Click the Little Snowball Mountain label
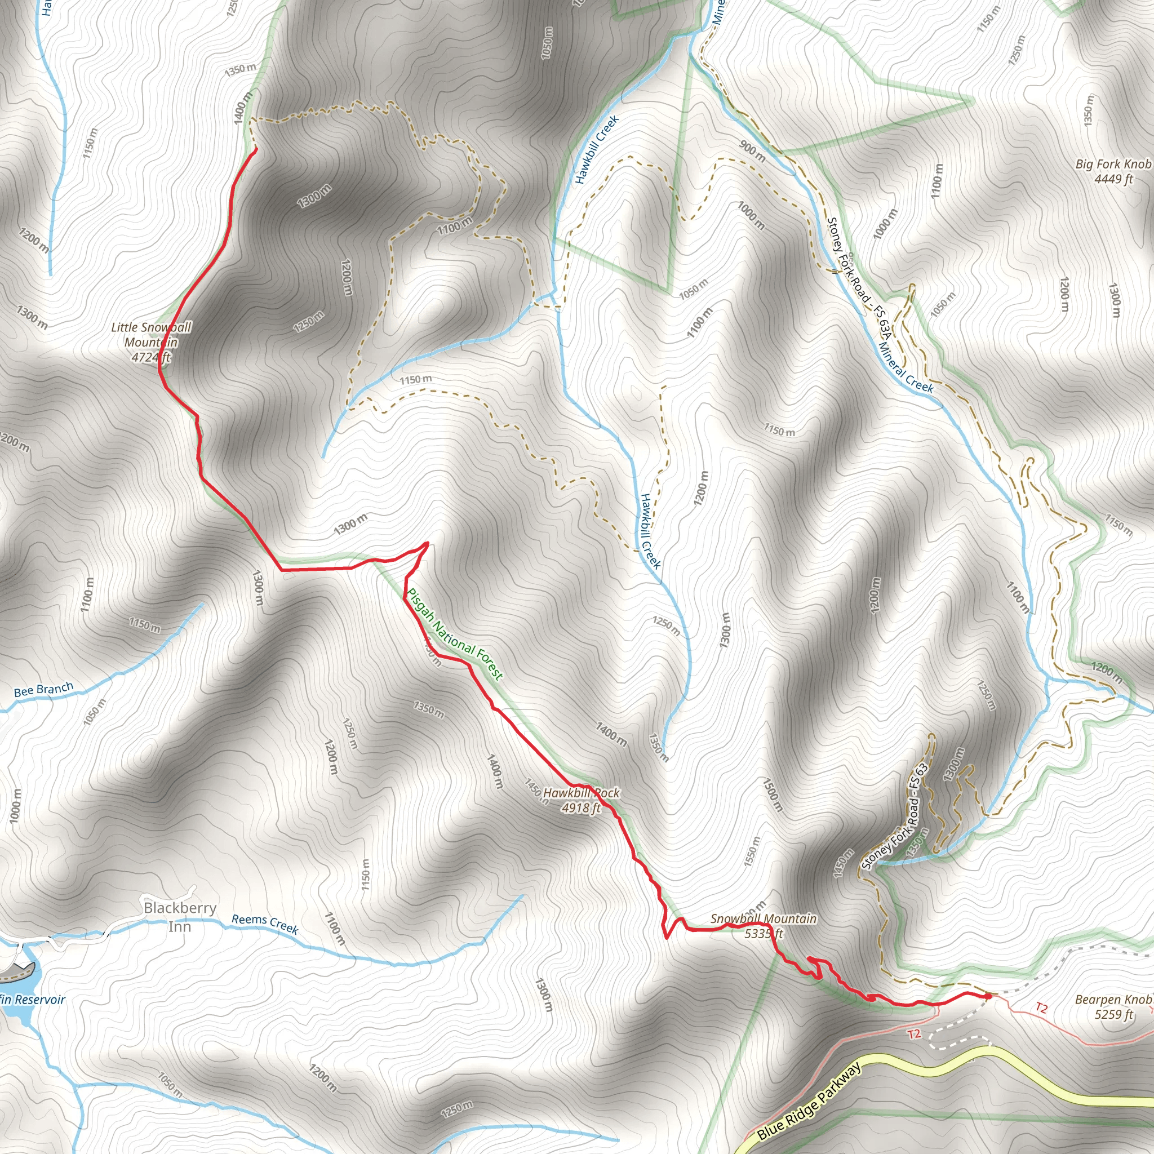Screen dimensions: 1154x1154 (x=151, y=342)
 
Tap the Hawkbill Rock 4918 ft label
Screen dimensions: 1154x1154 (x=581, y=800)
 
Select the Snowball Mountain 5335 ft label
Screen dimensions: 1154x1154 (x=764, y=926)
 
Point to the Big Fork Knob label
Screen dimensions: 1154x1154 (x=1113, y=171)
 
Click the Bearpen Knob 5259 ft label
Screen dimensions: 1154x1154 (x=1113, y=1006)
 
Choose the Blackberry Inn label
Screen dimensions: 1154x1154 (x=180, y=917)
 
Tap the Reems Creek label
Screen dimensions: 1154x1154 (x=265, y=924)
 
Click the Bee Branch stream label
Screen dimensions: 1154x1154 (x=43, y=690)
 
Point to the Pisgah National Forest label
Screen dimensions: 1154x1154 (x=455, y=634)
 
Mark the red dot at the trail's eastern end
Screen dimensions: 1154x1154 (x=987, y=996)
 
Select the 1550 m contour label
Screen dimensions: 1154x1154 (x=752, y=852)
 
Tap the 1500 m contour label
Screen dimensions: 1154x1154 (x=772, y=794)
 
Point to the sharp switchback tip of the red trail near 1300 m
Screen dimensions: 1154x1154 (x=427, y=543)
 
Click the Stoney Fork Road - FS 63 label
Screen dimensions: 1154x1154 (x=895, y=816)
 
